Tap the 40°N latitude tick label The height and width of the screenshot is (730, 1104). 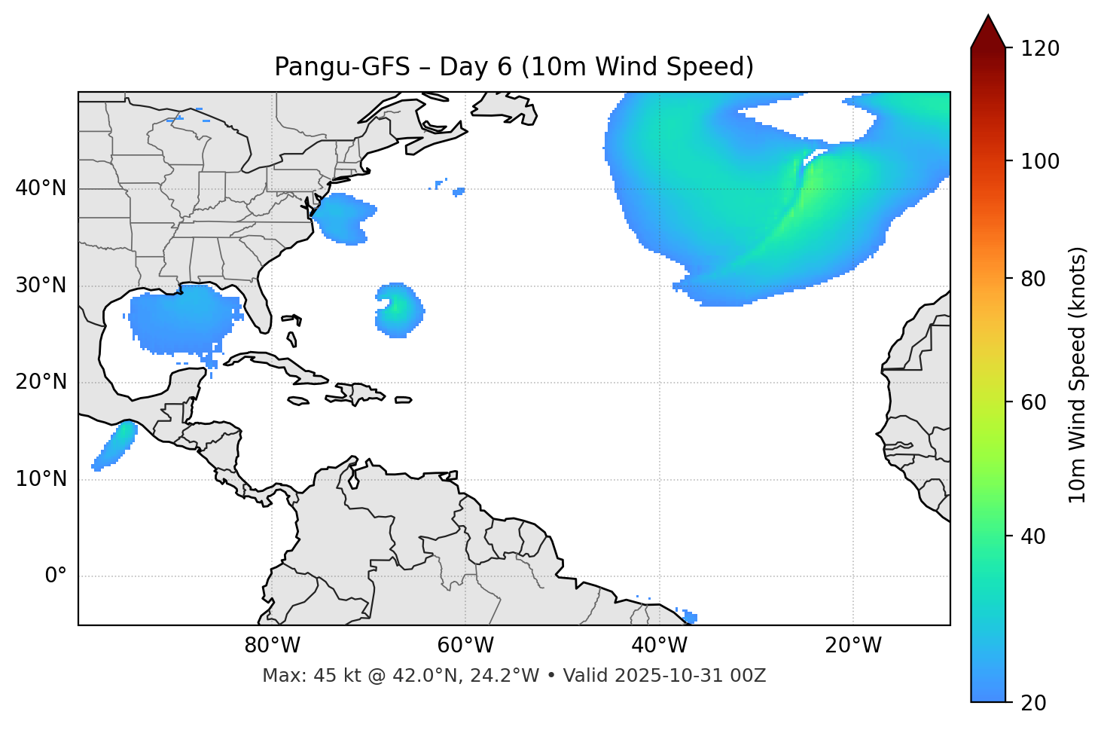coord(41,188)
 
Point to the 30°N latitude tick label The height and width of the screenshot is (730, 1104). coord(41,286)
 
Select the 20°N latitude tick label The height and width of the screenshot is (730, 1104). coord(41,382)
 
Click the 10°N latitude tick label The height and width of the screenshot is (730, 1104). coord(41,479)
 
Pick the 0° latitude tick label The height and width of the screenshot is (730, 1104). coord(55,576)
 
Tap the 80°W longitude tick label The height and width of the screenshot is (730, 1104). coord(272,646)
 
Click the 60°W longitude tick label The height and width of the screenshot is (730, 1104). coord(465,646)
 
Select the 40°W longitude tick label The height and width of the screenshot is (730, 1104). coord(659,646)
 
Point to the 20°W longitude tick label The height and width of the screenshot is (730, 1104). coord(853,646)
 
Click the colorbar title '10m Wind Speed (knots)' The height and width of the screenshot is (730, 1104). coord(1078,374)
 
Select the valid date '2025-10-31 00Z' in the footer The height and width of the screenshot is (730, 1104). coord(690,676)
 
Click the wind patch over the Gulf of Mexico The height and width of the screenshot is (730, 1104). coord(181,319)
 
